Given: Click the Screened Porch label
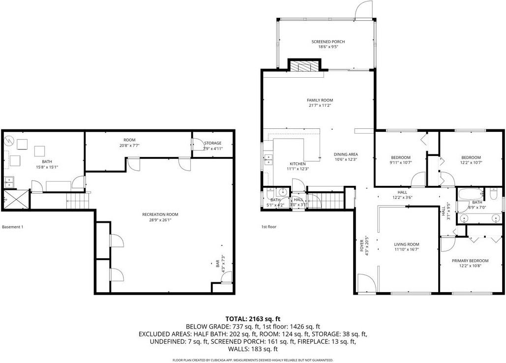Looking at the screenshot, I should [x=328, y=42].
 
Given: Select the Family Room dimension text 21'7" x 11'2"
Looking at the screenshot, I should [x=320, y=105].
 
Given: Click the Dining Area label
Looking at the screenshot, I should [x=346, y=154].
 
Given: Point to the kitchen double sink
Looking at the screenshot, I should [x=268, y=159].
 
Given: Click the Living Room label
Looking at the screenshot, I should [x=406, y=244].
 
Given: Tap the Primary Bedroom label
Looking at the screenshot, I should [x=471, y=261].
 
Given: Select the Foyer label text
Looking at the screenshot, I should [x=362, y=245].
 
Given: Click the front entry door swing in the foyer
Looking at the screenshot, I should [x=366, y=283].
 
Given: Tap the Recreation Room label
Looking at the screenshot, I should [x=160, y=214].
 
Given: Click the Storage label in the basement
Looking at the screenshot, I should [x=213, y=143].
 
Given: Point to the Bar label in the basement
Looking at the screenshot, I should [x=218, y=265].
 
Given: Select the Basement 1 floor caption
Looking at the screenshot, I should [x=13, y=227].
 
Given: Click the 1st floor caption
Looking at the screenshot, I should [x=269, y=227].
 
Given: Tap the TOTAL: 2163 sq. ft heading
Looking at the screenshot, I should [x=253, y=319].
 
